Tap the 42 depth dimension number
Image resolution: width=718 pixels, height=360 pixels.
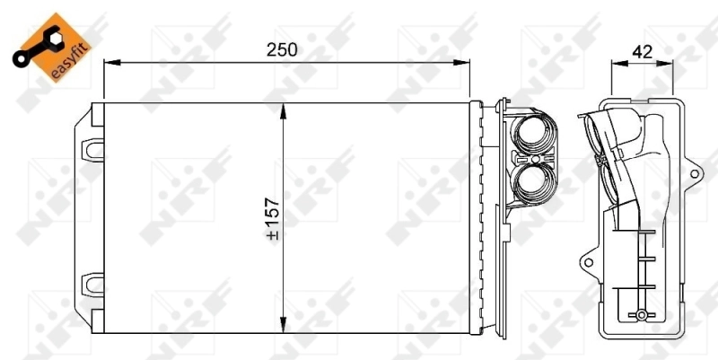(642, 51)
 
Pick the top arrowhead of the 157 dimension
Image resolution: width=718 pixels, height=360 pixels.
(285, 110)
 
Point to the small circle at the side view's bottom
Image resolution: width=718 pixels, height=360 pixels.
(642, 316)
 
